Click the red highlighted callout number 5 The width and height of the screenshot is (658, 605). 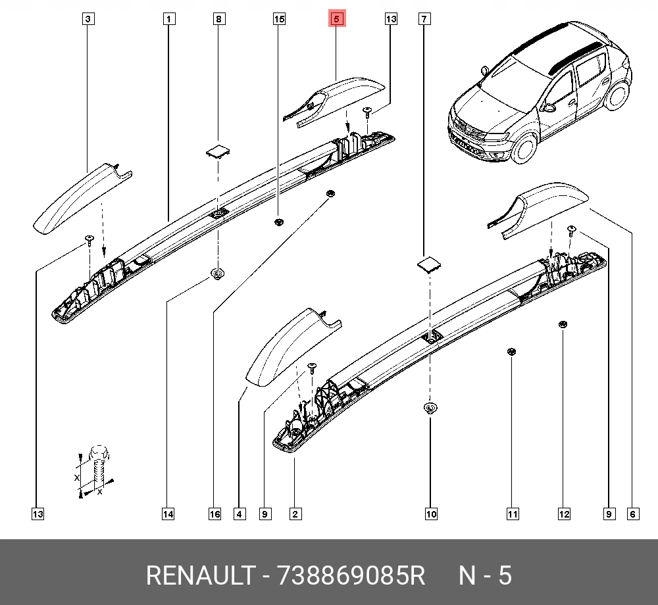(336, 20)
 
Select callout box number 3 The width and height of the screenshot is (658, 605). (88, 20)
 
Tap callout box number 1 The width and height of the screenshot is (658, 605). (169, 20)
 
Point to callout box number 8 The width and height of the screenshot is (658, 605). (218, 20)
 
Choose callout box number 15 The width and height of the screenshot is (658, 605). (279, 20)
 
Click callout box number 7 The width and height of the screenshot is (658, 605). (424, 20)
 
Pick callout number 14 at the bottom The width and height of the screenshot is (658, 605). (168, 514)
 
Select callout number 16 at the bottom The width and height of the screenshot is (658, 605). (215, 514)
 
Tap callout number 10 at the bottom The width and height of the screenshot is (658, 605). (430, 514)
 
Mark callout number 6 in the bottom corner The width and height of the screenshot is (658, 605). (632, 514)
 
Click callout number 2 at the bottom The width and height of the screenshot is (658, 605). (295, 514)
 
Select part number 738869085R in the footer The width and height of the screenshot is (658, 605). (352, 576)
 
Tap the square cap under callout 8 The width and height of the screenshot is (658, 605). (218, 151)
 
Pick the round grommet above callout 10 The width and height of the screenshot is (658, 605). (430, 409)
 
